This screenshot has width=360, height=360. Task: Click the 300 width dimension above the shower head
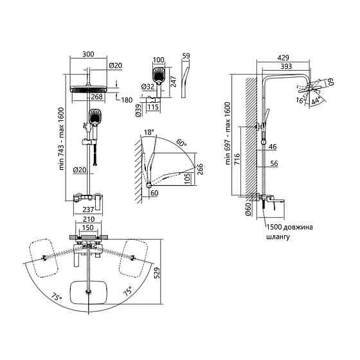tap(88, 54)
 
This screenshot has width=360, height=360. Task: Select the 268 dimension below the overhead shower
tap(96, 96)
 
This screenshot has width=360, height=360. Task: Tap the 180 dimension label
tap(127, 100)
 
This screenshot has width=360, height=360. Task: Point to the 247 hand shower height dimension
tap(174, 81)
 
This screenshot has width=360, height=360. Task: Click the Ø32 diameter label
tap(148, 87)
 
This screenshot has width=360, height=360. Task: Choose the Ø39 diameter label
tap(139, 111)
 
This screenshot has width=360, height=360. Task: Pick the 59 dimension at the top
tap(186, 56)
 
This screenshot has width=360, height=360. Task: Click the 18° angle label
tap(149, 132)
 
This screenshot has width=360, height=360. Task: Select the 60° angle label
tap(181, 143)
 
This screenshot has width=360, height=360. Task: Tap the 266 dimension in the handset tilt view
tap(200, 169)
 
